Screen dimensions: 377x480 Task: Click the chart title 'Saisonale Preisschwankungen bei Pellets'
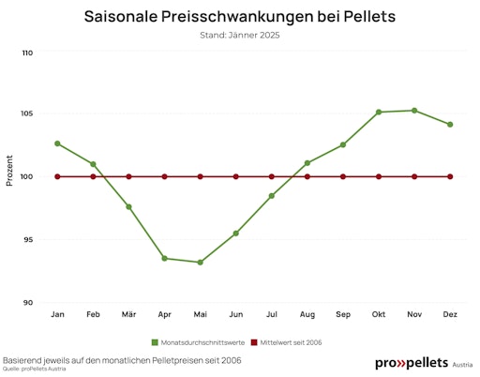(239, 17)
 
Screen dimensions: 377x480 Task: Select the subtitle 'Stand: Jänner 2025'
(239, 36)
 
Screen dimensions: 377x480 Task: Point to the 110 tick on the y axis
(27, 53)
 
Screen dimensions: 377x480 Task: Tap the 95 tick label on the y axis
(29, 240)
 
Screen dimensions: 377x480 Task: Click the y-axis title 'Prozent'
(10, 171)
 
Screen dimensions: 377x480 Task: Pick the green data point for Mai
(200, 263)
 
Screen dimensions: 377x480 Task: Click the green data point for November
(414, 111)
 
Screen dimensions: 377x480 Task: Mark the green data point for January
(57, 143)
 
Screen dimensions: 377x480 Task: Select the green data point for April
(164, 259)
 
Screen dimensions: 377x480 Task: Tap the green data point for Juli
(272, 196)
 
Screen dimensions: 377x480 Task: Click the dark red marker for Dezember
(450, 176)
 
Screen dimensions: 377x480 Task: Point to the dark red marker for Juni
(235, 176)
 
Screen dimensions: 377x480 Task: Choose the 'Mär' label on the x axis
(128, 313)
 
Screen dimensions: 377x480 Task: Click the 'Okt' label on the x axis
(379, 313)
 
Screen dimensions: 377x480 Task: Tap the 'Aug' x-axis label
(307, 313)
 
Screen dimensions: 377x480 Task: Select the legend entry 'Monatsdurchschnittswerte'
(192, 342)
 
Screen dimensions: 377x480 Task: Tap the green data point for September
(343, 144)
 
